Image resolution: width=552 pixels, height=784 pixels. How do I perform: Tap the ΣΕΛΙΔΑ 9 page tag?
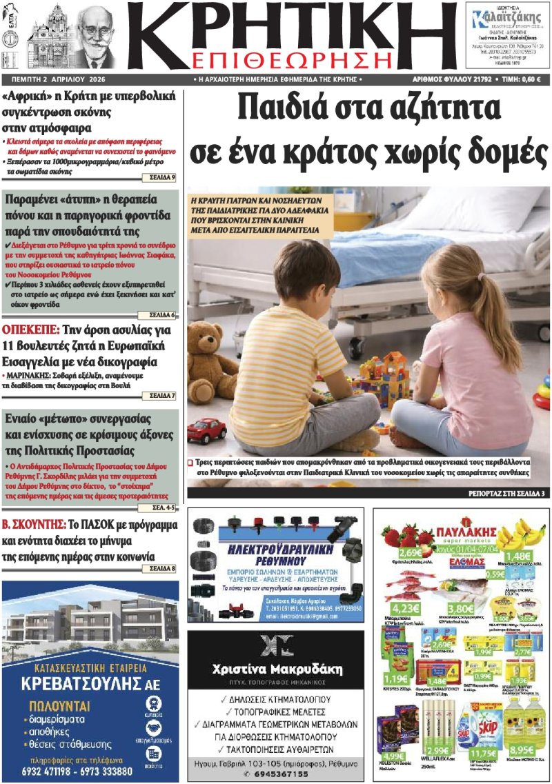(163, 178)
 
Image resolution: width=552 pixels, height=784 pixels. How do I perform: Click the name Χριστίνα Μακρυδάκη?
(275, 669)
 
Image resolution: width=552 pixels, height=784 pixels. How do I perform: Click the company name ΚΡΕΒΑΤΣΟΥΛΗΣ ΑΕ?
(90, 685)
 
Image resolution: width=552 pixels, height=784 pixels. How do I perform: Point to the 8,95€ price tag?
(523, 750)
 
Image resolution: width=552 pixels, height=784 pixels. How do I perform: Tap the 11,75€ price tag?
(482, 754)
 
